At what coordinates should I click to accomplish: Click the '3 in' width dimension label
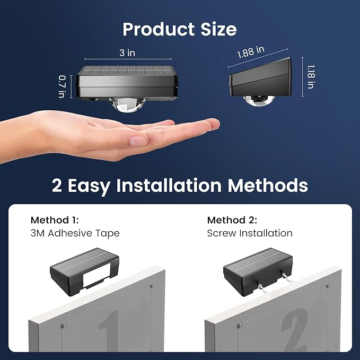[x=127, y=53]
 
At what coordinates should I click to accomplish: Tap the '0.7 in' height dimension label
[x=62, y=87]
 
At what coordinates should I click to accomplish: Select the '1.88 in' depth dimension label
[x=250, y=52]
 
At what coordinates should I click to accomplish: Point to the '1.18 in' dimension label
[x=311, y=77]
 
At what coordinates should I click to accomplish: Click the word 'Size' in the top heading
[x=218, y=29]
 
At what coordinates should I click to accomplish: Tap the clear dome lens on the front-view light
[x=127, y=105]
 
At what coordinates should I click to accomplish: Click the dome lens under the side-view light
[x=259, y=101]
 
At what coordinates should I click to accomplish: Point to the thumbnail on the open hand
[x=138, y=141]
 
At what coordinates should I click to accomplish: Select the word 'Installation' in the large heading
[x=169, y=185]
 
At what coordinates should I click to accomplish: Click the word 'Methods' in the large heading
[x=268, y=185]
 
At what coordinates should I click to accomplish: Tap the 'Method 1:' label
[x=55, y=220]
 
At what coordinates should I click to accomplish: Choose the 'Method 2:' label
[x=232, y=220]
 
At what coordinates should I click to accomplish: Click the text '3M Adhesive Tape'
[x=75, y=233]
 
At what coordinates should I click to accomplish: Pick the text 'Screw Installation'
[x=250, y=233]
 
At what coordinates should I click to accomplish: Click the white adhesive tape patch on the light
[x=96, y=275]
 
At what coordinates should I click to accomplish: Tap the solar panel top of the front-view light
[x=127, y=71]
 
